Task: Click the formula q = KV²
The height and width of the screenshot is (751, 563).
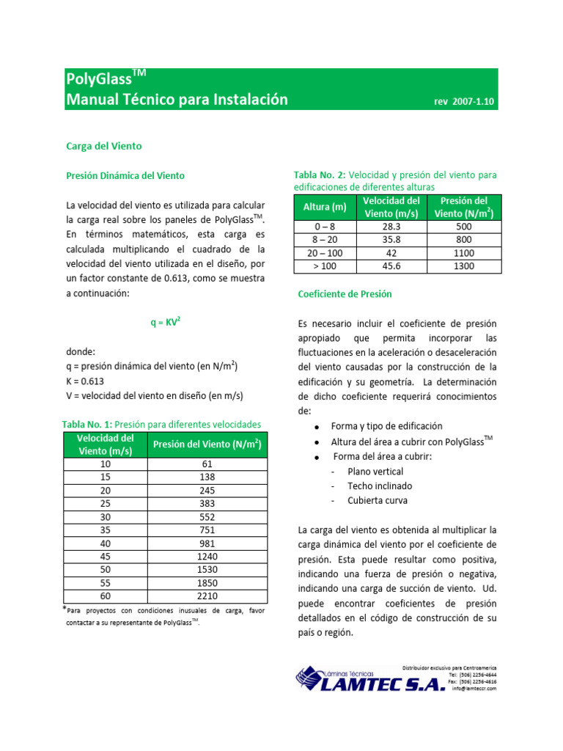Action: [x=165, y=320]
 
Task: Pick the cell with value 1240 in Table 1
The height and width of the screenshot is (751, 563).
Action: [x=207, y=556]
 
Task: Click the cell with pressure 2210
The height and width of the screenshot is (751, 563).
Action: [x=207, y=596]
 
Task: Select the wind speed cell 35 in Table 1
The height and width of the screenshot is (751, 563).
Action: [x=105, y=530]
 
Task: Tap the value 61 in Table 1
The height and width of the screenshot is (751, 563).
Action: [x=207, y=464]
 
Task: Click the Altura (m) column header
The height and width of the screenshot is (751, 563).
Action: [x=325, y=207]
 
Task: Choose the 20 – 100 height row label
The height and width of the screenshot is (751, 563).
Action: [x=325, y=253]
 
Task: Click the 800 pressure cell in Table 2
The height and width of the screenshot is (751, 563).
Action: [x=463, y=240]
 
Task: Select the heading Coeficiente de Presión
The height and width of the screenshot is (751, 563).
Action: [x=345, y=294]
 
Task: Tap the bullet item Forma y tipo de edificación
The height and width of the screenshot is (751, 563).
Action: [x=386, y=426]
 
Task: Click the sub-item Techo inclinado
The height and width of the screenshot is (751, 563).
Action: [x=380, y=486]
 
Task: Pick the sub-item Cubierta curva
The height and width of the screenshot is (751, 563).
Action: [x=377, y=501]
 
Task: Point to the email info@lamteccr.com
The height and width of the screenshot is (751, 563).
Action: [x=474, y=689]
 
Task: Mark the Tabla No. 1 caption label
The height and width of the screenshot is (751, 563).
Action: [x=87, y=424]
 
